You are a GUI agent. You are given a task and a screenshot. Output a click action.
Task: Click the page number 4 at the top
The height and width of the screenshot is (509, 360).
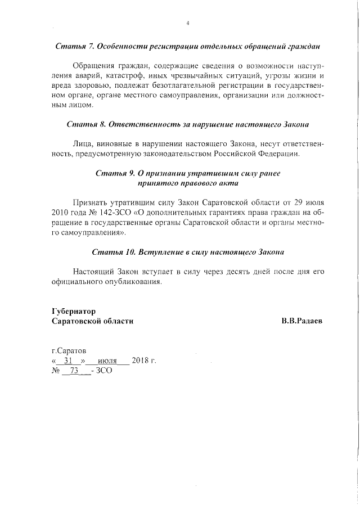click(x=187, y=23)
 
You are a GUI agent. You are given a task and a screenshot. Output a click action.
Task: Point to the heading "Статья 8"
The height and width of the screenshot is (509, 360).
click(x=83, y=123)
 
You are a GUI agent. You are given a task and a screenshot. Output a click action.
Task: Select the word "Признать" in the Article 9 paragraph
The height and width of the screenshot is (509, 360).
click(x=91, y=202)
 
